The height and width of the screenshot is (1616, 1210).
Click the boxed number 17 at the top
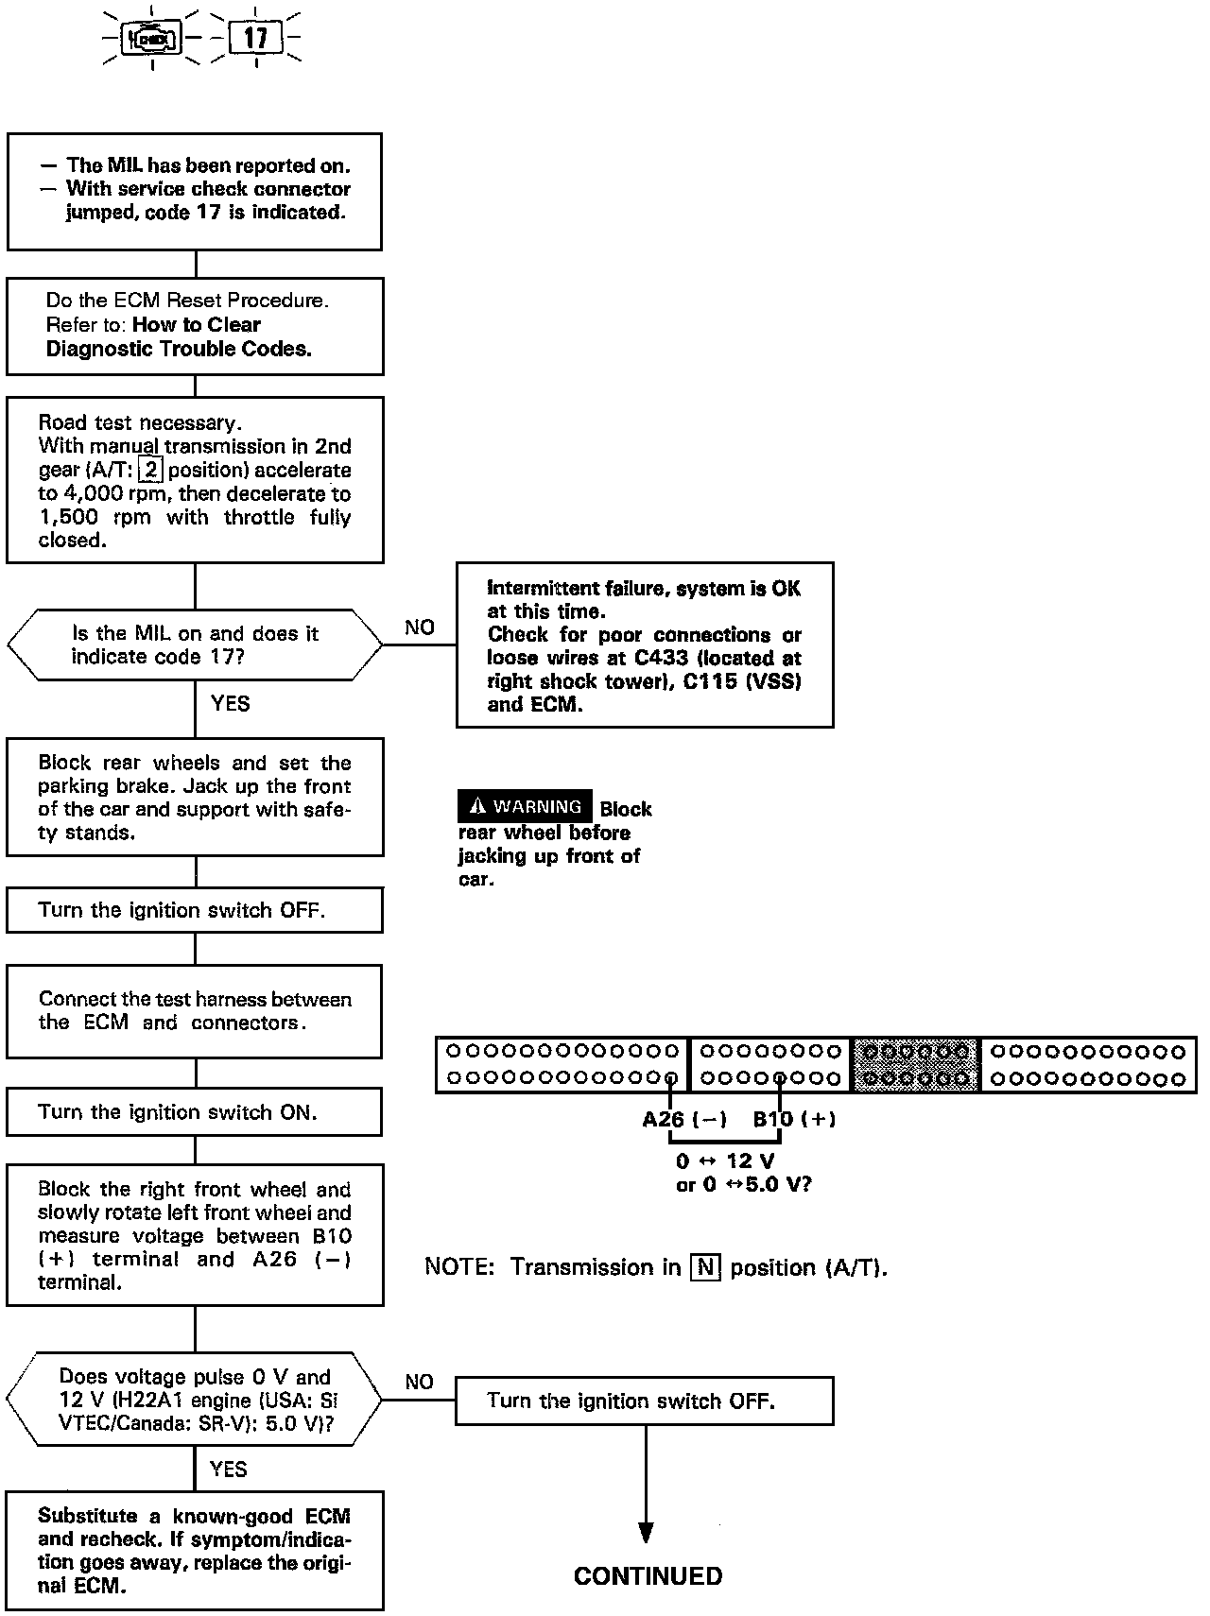(255, 39)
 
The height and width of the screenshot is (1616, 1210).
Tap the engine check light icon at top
(152, 39)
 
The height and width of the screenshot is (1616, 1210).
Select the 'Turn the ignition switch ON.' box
(194, 1111)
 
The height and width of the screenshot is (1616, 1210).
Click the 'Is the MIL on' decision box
(195, 645)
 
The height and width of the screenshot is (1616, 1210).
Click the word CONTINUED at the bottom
(648, 1575)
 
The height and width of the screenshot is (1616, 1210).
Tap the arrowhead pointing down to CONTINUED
(646, 1531)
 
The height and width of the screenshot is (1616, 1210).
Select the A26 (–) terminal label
(684, 1119)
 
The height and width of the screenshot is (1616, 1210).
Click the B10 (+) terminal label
(794, 1119)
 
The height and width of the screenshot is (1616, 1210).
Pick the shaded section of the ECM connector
(916, 1064)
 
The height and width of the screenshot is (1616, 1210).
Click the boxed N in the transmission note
(705, 1266)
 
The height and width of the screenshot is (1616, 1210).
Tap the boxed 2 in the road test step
(150, 470)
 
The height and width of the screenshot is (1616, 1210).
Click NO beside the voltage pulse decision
(419, 1382)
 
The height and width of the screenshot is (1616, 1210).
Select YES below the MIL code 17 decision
(230, 703)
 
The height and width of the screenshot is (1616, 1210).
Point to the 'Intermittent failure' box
(645, 645)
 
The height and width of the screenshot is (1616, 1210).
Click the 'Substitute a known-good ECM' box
(195, 1551)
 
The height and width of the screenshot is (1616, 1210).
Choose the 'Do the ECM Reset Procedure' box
(195, 325)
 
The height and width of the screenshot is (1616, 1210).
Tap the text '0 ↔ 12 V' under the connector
(725, 1161)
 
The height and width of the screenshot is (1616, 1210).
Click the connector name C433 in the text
(661, 658)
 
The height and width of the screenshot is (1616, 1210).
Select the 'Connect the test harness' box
(194, 1010)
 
